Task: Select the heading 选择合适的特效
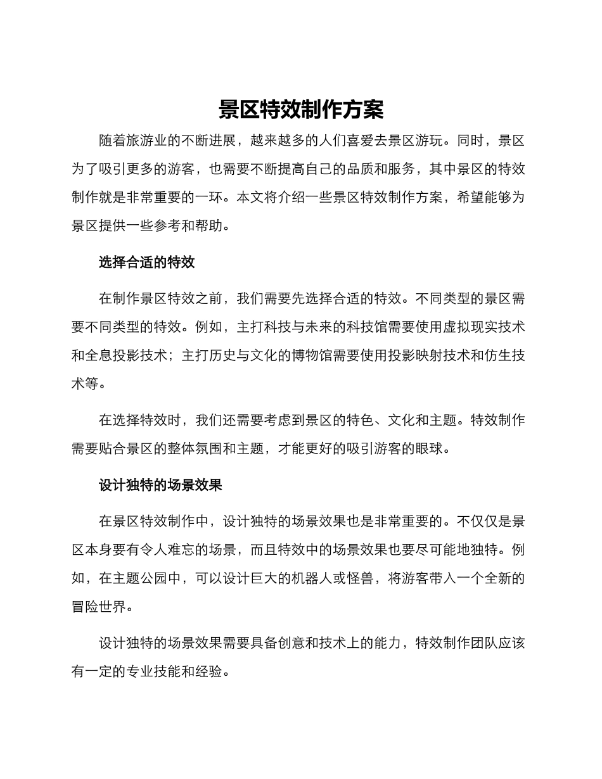146,263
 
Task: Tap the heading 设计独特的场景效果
160,486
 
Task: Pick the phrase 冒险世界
99,606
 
